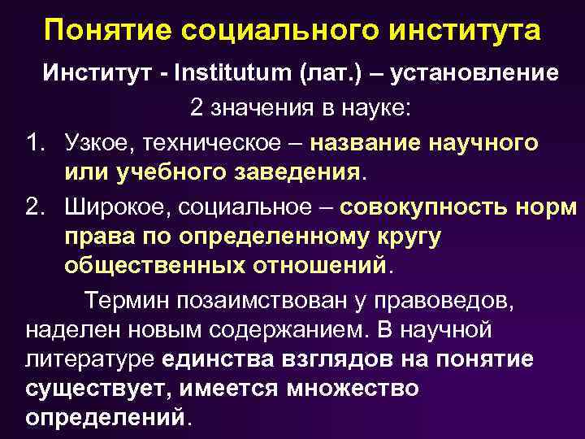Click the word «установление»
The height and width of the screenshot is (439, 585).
(x=474, y=73)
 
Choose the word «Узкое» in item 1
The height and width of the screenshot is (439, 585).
(x=99, y=143)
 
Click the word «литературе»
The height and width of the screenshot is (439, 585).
(x=90, y=359)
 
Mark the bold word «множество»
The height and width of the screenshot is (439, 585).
(x=353, y=389)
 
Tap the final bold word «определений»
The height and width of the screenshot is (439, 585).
(x=106, y=418)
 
